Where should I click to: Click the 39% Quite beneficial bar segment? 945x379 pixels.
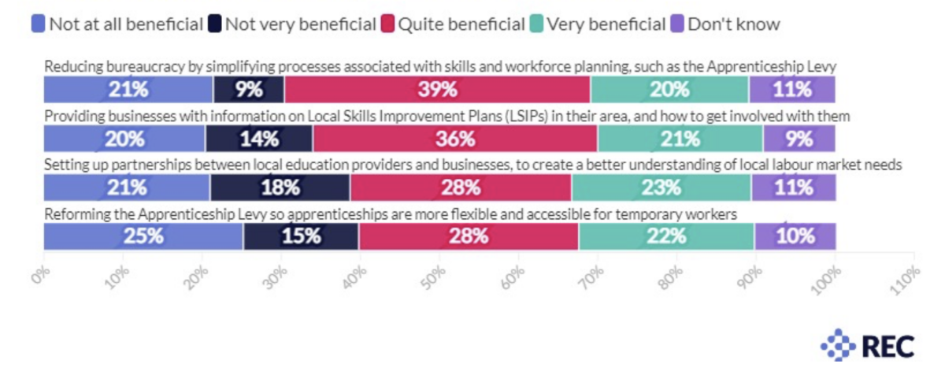437,90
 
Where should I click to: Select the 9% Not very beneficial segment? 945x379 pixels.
249,90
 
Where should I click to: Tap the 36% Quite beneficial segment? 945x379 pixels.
455,139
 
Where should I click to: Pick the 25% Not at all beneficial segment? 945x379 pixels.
143,236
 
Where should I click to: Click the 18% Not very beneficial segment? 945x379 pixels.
280,188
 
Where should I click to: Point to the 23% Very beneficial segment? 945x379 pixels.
661,188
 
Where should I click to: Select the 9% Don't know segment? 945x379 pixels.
799,139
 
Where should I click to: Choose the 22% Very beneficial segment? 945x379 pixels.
667,236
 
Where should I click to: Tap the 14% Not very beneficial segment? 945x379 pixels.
259,139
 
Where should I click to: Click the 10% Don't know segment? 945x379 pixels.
795,236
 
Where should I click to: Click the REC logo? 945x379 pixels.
867,345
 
